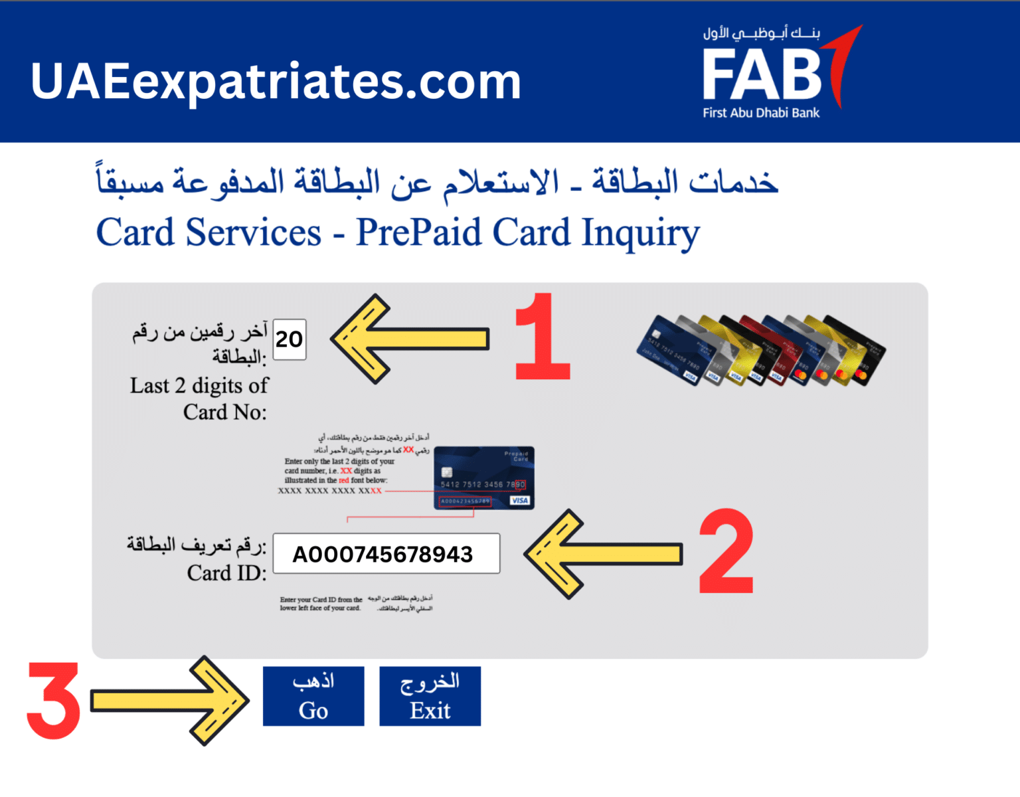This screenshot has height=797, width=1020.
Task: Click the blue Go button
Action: click(x=313, y=696)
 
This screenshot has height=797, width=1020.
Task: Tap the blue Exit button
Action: click(x=430, y=696)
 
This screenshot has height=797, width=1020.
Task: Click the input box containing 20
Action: click(x=290, y=339)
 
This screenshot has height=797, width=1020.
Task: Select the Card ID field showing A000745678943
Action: click(x=386, y=553)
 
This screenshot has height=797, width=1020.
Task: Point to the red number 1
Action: click(x=541, y=337)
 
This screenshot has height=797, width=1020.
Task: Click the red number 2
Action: click(x=726, y=551)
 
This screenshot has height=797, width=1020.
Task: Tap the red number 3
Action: click(x=54, y=701)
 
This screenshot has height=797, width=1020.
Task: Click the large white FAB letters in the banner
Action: click(x=762, y=76)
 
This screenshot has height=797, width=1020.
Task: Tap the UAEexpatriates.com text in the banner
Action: click(x=276, y=82)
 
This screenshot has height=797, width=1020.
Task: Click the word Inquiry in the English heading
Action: click(x=640, y=233)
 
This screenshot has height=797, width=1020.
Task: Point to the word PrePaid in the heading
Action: click(x=418, y=233)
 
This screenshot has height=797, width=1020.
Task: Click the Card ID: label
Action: click(x=226, y=573)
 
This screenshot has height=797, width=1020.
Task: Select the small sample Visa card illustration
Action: click(x=483, y=478)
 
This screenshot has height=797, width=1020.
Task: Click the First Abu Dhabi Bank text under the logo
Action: click(x=761, y=113)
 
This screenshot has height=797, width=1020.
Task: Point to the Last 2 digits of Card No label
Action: click(x=199, y=398)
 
